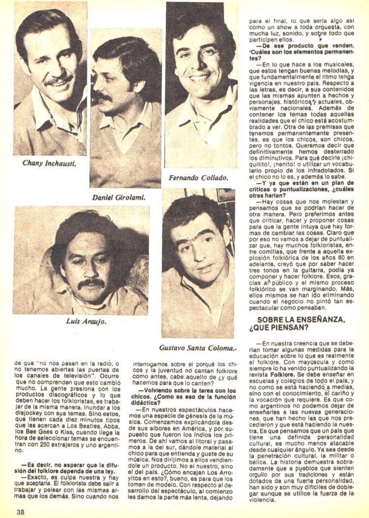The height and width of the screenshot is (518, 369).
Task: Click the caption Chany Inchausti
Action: pos(49,163)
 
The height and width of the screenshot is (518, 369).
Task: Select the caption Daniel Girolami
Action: pos(120,197)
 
